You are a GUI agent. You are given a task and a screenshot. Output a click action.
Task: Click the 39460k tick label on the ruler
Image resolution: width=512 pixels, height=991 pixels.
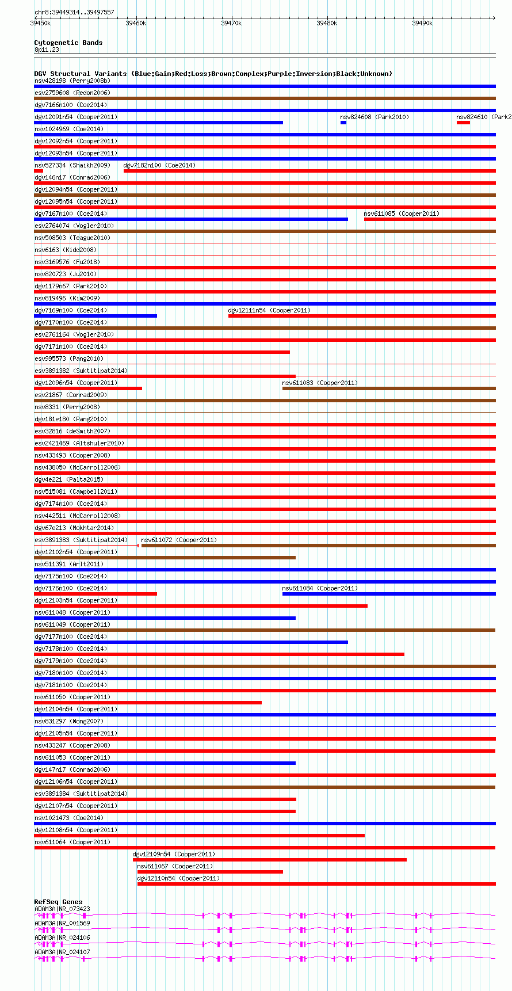pos(136,23)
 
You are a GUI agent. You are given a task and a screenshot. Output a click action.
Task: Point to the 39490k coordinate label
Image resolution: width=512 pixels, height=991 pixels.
pos(422,23)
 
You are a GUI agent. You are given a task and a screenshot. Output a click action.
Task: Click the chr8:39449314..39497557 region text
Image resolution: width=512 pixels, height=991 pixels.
pos(74,12)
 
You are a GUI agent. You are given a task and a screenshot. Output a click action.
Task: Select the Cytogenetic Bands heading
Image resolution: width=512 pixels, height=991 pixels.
pos(68,43)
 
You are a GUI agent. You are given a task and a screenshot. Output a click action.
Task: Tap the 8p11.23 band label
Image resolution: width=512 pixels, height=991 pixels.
pos(47,49)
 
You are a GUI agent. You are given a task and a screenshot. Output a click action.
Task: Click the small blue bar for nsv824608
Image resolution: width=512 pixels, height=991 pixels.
pos(343,123)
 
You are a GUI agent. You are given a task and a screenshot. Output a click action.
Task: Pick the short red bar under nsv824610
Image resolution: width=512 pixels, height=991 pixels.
pos(463,123)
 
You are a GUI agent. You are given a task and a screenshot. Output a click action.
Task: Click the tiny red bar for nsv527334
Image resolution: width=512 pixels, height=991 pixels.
pos(39,171)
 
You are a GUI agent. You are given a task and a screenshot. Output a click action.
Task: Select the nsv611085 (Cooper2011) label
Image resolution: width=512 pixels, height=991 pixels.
pos(401,214)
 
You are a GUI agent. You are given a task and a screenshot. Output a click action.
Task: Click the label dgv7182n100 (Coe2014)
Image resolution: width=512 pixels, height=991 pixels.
pos(159,165)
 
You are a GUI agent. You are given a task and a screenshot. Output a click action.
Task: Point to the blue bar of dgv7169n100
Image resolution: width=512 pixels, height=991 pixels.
pos(95,316)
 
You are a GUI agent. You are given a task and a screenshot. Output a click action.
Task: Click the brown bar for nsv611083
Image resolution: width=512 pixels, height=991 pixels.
pos(389,388)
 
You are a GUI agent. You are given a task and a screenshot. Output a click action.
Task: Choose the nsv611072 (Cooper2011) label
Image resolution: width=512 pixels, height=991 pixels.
pos(179,540)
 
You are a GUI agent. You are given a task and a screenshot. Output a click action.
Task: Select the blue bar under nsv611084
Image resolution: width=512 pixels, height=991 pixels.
pos(389,594)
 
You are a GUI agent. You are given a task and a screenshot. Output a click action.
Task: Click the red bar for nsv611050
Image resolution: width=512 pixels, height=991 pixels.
pos(148,703)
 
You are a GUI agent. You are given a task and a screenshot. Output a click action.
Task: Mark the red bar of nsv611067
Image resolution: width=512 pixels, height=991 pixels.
pos(210,872)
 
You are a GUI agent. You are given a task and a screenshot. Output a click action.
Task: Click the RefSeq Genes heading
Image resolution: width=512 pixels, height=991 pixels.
pos(58,902)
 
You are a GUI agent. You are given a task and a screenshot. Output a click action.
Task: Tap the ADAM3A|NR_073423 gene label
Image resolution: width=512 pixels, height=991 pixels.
pos(62,909)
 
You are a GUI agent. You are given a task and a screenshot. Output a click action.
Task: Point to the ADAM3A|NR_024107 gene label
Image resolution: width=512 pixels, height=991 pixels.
pos(62,952)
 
